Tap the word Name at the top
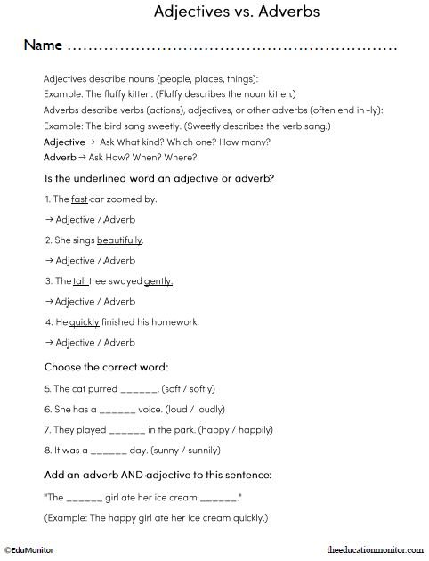point(42,45)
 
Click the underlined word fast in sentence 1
point(79,199)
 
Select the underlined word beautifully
point(119,240)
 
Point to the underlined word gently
point(158,281)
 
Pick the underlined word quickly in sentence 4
point(85,321)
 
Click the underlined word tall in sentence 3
point(80,281)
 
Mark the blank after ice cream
point(218,496)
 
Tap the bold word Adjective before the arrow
point(64,142)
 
